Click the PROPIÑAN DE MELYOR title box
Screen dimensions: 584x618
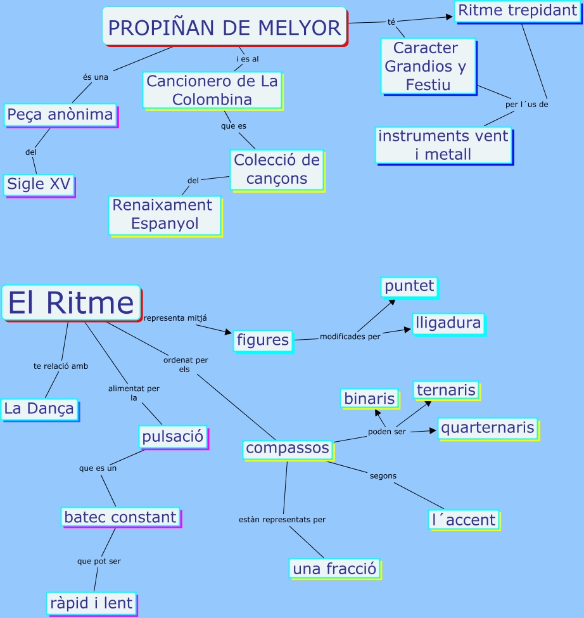(x=224, y=27)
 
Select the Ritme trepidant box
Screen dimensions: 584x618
(x=517, y=11)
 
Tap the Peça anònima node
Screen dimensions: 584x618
(x=60, y=115)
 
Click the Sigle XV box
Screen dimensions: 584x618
(x=39, y=184)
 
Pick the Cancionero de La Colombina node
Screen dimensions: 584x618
(x=212, y=90)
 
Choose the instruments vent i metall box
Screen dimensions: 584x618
(x=443, y=145)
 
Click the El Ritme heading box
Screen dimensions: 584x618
(x=71, y=303)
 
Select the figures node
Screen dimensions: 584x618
(x=263, y=340)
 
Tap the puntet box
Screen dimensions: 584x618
(x=409, y=286)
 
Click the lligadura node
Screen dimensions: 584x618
(x=447, y=323)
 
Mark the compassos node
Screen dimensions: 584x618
(x=288, y=448)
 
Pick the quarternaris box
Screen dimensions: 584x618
(x=487, y=428)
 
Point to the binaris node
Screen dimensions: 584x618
(x=369, y=398)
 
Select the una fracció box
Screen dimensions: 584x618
(x=334, y=569)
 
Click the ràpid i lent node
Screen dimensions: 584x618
(x=91, y=603)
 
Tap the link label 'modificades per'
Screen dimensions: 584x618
(x=350, y=337)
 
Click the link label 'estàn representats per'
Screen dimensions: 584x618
(x=282, y=520)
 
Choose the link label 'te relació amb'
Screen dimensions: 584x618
(x=61, y=366)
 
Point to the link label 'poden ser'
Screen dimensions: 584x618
(x=386, y=432)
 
